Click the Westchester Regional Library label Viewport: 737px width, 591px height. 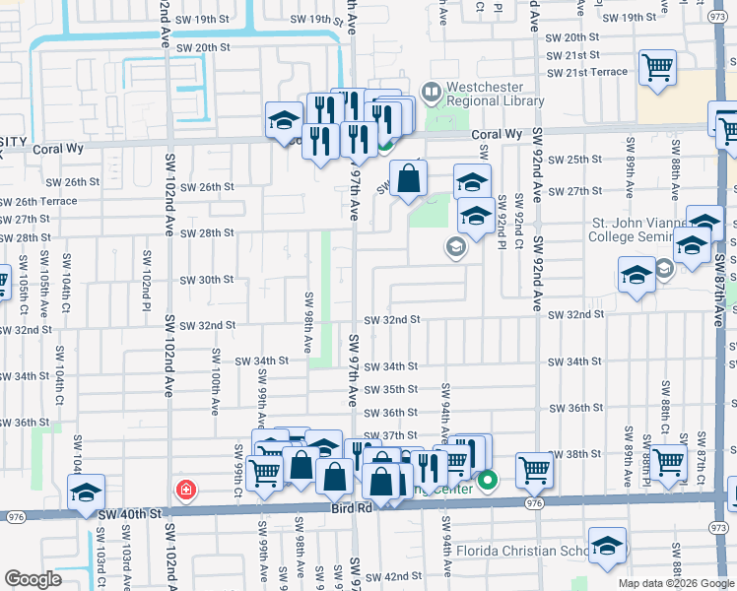coord(495,94)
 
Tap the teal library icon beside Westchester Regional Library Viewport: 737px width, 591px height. coord(431,94)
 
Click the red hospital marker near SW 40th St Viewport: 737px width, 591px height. coord(184,490)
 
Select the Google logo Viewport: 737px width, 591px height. coord(33,579)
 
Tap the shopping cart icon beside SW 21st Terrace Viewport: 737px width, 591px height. coord(656,68)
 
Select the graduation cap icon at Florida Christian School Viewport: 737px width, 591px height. coord(607,545)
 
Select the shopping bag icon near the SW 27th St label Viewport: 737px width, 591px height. coord(408,180)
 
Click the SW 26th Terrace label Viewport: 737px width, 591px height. coord(37,201)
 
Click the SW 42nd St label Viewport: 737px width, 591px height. coord(396,576)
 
